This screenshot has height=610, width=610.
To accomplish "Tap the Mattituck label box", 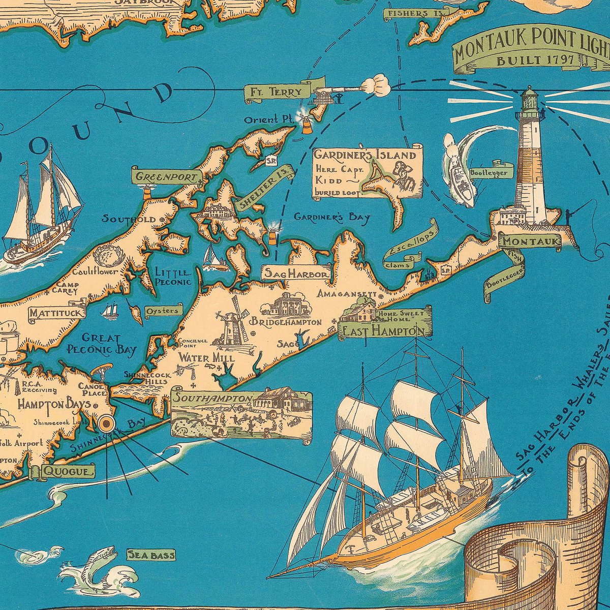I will pos(56,313).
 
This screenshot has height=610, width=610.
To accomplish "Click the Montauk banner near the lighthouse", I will pos(530,241).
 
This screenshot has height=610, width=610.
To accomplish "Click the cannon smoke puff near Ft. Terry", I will pos(376,85).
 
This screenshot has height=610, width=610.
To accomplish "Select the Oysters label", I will pos(162,311).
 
